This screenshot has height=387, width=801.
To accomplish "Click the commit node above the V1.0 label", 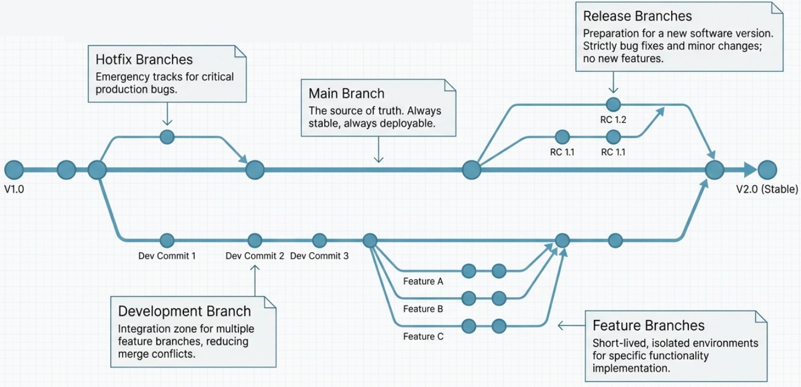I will tap(14, 170).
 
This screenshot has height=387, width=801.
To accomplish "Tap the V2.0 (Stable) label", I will tap(767, 190).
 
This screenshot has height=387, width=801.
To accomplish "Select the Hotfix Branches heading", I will tap(144, 60).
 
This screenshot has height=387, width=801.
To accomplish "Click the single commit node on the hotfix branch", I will tap(167, 137).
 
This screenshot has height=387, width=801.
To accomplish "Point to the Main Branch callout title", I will tap(346, 94).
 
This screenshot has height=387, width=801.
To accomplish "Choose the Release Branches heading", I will tap(638, 16).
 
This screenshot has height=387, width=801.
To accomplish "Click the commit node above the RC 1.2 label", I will tap(613, 104).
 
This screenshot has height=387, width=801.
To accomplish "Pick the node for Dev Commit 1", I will tap(167, 241).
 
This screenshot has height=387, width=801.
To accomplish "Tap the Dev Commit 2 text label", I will tap(254, 256).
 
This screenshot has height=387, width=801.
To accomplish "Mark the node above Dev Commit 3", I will tap(319, 241).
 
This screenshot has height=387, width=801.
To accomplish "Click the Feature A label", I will tap(423, 281).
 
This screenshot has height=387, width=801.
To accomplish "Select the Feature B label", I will tap(423, 309).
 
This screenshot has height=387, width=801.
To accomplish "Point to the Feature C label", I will tap(423, 336).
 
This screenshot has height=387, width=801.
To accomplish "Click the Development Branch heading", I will tap(184, 311).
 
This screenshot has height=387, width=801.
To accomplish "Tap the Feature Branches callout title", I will tap(648, 326).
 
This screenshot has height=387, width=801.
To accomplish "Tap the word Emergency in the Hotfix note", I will tap(120, 77).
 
